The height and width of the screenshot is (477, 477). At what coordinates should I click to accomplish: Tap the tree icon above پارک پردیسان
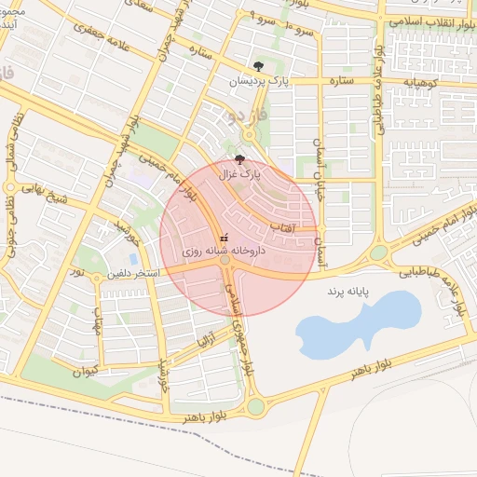point(258,66)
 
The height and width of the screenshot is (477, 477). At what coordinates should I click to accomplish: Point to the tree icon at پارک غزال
point(241,159)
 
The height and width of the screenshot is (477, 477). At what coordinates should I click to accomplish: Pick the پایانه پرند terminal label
point(348,292)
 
